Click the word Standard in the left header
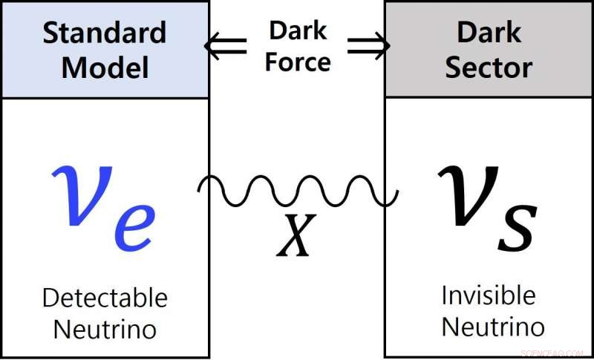pyautogui.click(x=105, y=33)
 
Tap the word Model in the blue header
pyautogui.click(x=105, y=68)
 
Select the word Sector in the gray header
pyautogui.click(x=489, y=68)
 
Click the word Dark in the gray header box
pyautogui.click(x=489, y=33)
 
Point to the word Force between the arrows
pyautogui.click(x=297, y=62)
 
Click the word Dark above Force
pyautogui.click(x=297, y=31)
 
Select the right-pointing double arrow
pyautogui.click(x=368, y=47)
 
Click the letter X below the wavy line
pyautogui.click(x=296, y=236)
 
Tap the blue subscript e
pyautogui.click(x=134, y=226)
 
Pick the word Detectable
pyautogui.click(x=105, y=298)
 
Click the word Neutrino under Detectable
pyautogui.click(x=105, y=329)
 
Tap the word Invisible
pyautogui.click(x=488, y=295)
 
